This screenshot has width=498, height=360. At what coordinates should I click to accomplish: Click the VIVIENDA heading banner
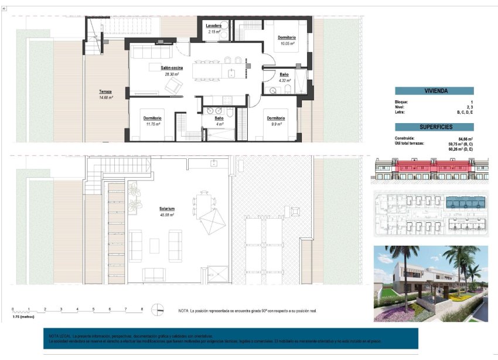pyautogui.click(x=434, y=91)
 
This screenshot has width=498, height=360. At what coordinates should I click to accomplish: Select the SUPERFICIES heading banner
pyautogui.click(x=434, y=127)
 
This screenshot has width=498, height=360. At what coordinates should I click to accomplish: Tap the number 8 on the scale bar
pyautogui.click(x=141, y=308)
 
